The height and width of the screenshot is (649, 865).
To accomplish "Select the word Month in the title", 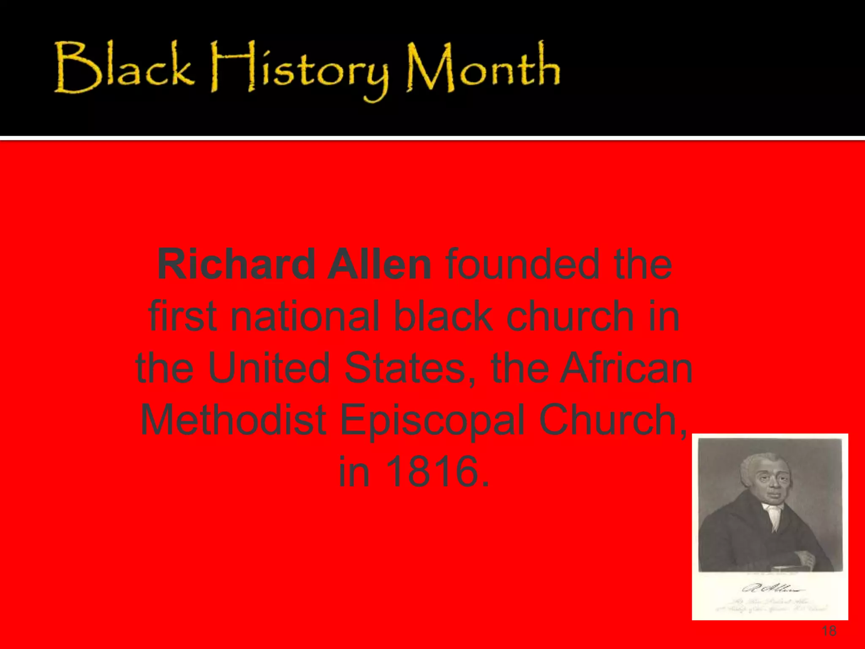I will tap(483, 68).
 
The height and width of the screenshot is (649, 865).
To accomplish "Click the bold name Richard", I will tap(236, 265).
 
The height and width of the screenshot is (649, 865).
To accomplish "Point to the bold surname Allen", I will tap(379, 265).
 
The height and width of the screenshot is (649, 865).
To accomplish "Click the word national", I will tap(304, 316).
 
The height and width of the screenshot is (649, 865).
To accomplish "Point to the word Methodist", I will tap(233, 420).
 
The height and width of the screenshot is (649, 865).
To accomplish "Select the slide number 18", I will tap(829, 631).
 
